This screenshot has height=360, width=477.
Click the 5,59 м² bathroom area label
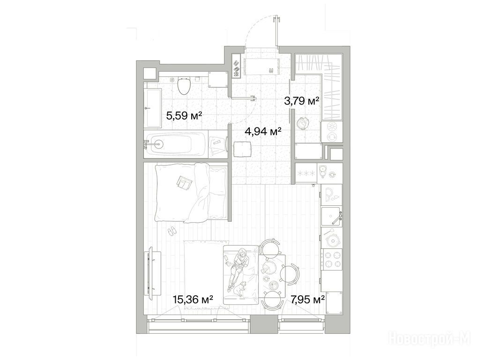click(x=184, y=116)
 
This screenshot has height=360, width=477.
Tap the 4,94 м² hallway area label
click(x=263, y=131)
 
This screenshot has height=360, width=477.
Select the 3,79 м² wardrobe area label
click(x=301, y=101)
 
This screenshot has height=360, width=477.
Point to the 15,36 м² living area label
click(x=193, y=300)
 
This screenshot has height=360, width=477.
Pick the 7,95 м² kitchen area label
click(x=307, y=300)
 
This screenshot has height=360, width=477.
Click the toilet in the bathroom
click(x=183, y=85)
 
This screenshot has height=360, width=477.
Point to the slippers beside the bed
click(x=171, y=230)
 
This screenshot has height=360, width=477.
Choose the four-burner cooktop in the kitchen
click(x=332, y=259)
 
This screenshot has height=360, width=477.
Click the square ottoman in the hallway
click(x=242, y=150)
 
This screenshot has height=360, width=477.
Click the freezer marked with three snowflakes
click(x=306, y=174)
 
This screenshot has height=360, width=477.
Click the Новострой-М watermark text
click(x=432, y=338)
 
